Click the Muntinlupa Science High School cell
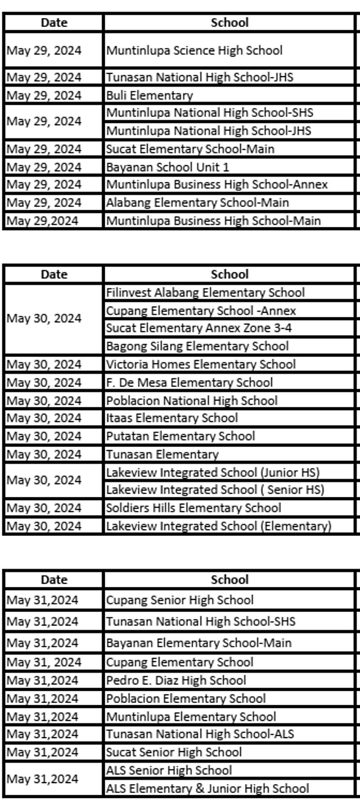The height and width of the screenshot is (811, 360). click(x=194, y=50)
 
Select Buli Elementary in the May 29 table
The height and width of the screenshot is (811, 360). click(x=149, y=95)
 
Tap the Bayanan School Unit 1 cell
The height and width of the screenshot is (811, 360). click(x=167, y=167)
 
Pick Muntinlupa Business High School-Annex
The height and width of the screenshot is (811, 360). click(x=217, y=185)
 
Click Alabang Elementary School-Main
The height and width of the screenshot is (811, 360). click(x=198, y=203)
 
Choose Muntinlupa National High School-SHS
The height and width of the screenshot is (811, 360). click(x=210, y=113)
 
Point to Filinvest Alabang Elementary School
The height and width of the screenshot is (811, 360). click(x=205, y=293)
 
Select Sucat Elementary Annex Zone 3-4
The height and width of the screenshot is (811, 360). click(x=199, y=328)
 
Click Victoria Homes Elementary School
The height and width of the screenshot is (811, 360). click(x=201, y=364)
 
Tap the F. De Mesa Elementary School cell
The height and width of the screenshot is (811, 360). click(x=189, y=383)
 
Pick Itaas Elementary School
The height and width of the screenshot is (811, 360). click(x=172, y=418)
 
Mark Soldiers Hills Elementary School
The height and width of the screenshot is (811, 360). click(x=193, y=508)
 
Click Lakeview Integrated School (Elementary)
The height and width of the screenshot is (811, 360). click(x=219, y=526)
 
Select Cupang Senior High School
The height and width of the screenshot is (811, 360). click(x=180, y=600)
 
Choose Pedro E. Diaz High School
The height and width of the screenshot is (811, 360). click(x=176, y=680)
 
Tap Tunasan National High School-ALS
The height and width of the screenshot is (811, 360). click(x=200, y=734)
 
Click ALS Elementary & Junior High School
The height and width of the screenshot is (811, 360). click(x=207, y=788)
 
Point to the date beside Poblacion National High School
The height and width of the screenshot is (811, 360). click(x=44, y=401)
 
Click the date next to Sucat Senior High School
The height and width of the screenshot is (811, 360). click(x=43, y=752)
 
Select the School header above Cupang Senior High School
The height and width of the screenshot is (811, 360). click(x=229, y=580)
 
